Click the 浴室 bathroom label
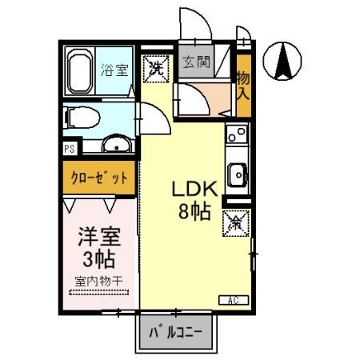(x=113, y=70)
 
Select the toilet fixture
(x=78, y=118)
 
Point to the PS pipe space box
(x=70, y=149)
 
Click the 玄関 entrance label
(x=197, y=62)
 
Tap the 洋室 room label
(x=98, y=238)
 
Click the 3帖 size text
(x=98, y=258)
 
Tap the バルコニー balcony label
(x=177, y=330)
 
